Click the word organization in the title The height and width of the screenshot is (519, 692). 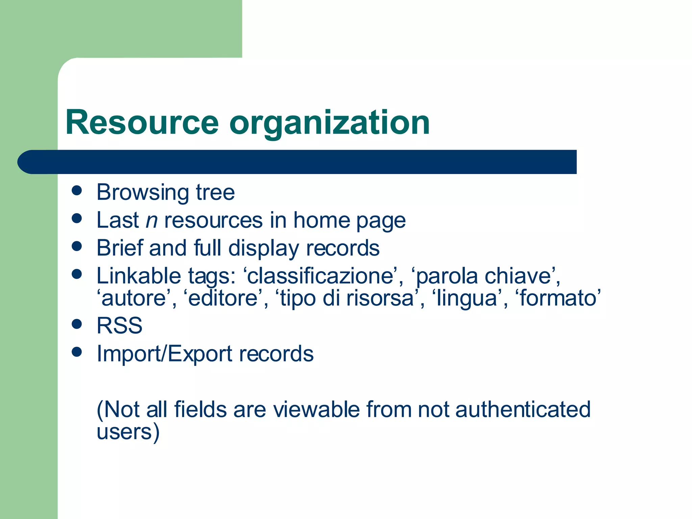tap(329, 123)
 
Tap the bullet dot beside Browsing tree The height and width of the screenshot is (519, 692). tap(77, 190)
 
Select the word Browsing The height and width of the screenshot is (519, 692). tap(142, 193)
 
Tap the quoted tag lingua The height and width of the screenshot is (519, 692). tap(466, 299)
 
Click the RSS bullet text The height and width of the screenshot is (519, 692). tap(120, 325)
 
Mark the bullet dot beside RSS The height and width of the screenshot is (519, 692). tap(77, 324)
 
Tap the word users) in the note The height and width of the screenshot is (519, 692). tap(128, 432)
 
